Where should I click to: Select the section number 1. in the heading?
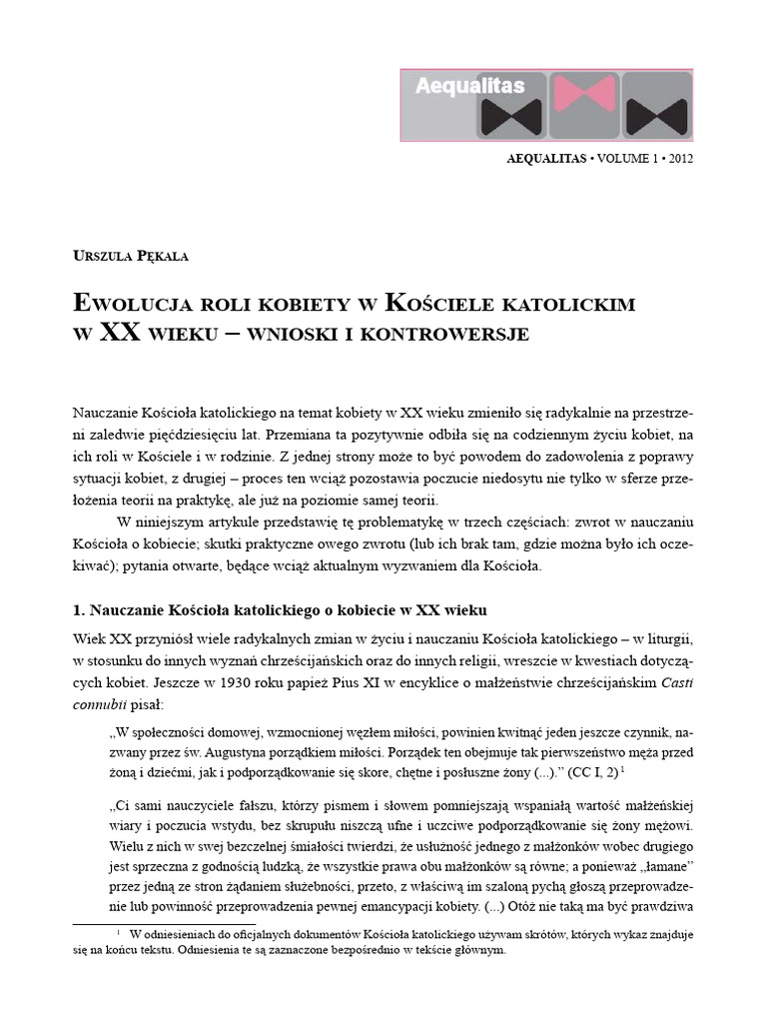click(81, 609)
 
